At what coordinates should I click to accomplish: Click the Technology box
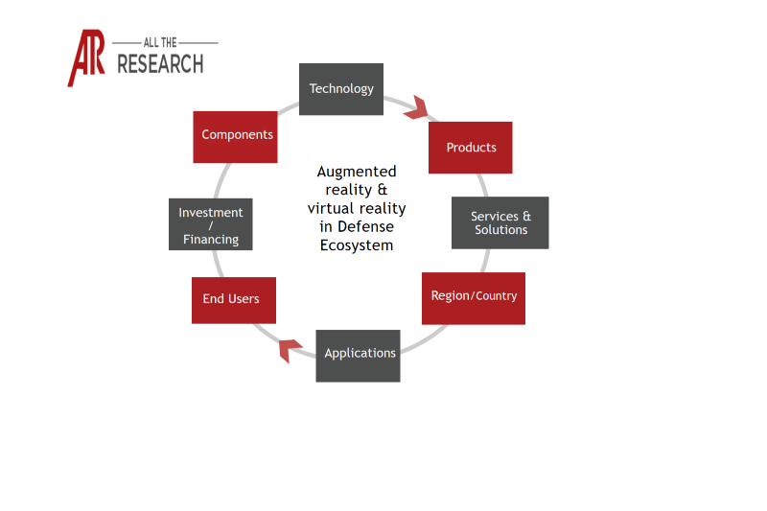[341, 89]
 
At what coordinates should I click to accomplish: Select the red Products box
[470, 148]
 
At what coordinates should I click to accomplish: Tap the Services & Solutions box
[500, 222]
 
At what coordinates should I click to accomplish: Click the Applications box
[359, 355]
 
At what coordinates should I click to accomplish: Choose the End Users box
[233, 300]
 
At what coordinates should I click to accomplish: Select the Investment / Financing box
[211, 224]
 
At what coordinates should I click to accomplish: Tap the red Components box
[236, 136]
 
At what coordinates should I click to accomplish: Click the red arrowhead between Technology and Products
[417, 108]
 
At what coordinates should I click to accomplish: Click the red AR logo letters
[85, 58]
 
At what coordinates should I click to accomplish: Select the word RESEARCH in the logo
[160, 64]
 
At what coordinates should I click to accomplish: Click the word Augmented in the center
[357, 172]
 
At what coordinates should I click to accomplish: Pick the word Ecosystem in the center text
[357, 244]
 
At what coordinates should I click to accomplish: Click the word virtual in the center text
[330, 208]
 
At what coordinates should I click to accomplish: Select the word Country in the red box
[496, 296]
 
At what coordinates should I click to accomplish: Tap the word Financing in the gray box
[211, 240]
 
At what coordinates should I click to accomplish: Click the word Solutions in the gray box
[501, 230]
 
